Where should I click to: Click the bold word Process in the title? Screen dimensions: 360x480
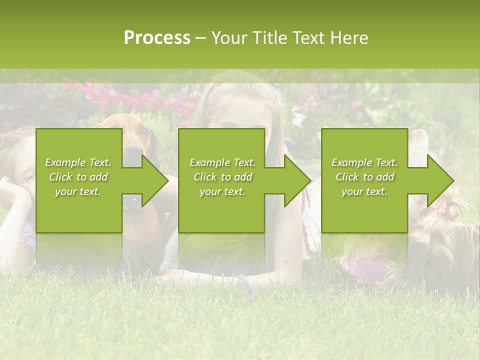click(157, 37)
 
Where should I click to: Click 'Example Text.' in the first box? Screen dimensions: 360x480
click(78, 162)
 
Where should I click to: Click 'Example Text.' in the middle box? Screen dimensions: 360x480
click(222, 162)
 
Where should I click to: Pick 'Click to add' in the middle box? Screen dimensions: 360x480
click(222, 177)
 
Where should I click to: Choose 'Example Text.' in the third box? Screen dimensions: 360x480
click(364, 162)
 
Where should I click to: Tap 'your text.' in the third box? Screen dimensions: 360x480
click(364, 191)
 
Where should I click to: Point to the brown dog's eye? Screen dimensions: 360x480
click(143, 132)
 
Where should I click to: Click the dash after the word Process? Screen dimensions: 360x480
click(200, 38)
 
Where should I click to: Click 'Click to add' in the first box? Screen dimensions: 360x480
click(78, 177)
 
